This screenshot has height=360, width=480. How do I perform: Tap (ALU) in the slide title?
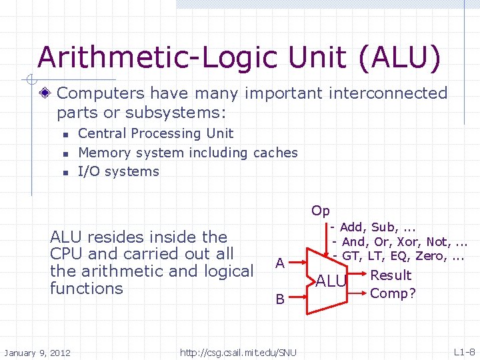(x=399, y=57)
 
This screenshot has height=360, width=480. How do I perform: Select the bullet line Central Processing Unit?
(x=155, y=133)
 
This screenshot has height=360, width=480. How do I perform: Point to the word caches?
(x=275, y=153)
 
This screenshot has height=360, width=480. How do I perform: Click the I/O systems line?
(x=119, y=171)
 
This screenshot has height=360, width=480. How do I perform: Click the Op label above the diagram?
(x=320, y=211)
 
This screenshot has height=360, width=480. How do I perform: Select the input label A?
(x=281, y=263)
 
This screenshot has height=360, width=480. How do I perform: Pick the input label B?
(x=281, y=300)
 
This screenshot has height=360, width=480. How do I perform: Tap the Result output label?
(x=391, y=275)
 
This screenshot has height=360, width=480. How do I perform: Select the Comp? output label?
(x=393, y=293)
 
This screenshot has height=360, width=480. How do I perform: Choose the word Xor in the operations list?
(x=408, y=241)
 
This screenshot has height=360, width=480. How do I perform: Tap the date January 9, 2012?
(x=38, y=352)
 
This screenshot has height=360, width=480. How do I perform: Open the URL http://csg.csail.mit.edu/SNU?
(x=238, y=352)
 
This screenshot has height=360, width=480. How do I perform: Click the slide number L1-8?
(x=464, y=351)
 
